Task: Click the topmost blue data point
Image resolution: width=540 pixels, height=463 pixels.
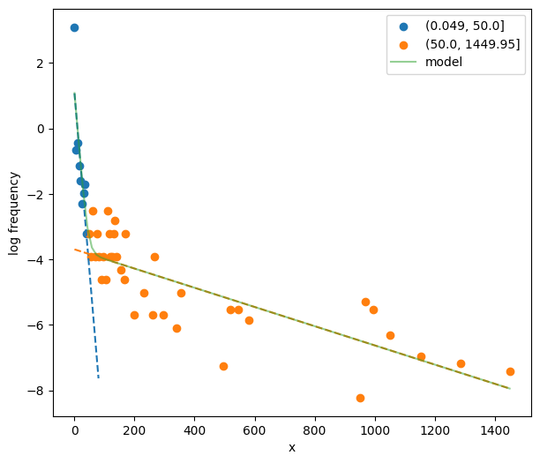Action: (x=74, y=27)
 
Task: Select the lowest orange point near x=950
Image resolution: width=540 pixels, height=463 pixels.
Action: (x=360, y=398)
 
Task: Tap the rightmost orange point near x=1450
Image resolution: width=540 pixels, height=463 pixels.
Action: (x=510, y=371)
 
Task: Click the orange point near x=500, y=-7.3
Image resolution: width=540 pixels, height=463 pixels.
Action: (x=223, y=366)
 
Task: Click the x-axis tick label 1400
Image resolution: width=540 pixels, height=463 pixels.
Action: (x=495, y=429)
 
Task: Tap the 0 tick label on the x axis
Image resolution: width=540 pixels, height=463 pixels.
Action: (x=74, y=429)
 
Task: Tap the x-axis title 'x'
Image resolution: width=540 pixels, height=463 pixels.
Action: (x=291, y=447)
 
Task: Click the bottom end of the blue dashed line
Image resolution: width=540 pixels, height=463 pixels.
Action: (x=98, y=378)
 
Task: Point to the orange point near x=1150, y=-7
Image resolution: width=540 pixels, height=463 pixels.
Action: (x=421, y=356)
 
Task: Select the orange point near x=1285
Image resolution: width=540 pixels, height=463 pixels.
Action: (x=461, y=363)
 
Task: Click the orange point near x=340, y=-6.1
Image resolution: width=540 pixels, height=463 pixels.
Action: (x=176, y=328)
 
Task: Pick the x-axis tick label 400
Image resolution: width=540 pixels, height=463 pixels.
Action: (x=194, y=429)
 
